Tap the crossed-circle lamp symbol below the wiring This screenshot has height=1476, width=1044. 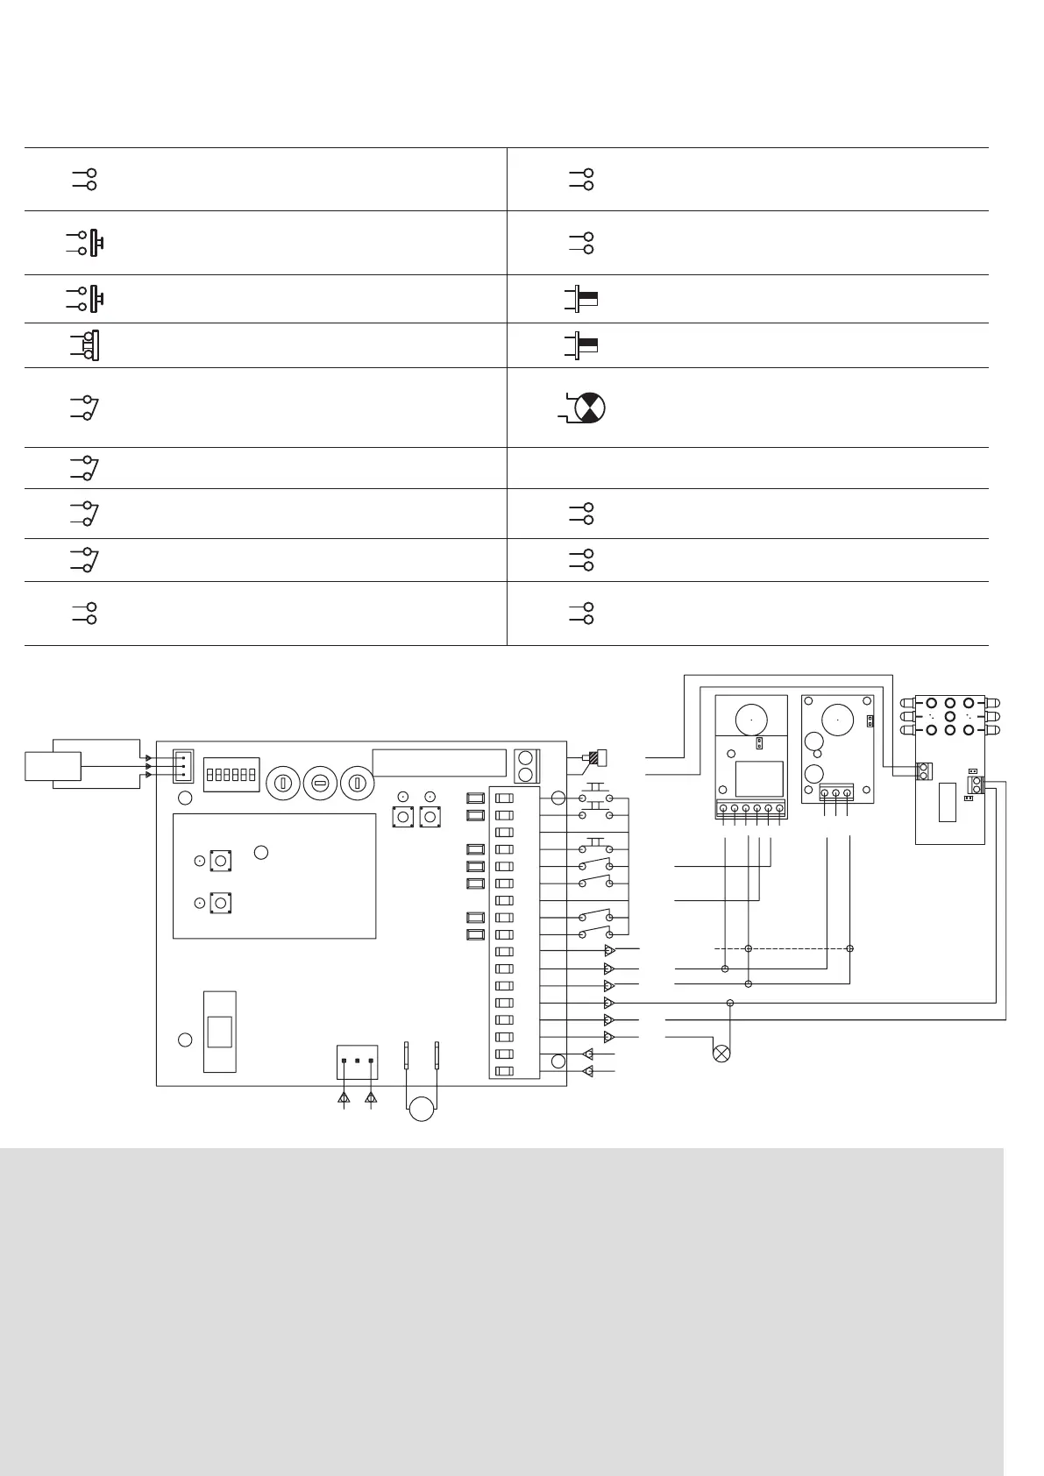coord(722,1054)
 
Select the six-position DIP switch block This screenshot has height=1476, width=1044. coord(230,775)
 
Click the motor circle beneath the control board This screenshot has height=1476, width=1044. coord(423,1107)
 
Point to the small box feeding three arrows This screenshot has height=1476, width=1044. coord(53,765)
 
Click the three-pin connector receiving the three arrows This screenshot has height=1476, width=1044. coord(182,764)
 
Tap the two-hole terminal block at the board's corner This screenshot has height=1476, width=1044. coord(526,765)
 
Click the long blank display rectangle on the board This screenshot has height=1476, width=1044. coord(439,763)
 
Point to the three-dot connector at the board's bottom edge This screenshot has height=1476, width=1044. coord(358,1061)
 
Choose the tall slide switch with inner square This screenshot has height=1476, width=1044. coord(219,1031)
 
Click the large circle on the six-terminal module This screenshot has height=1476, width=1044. coord(751,719)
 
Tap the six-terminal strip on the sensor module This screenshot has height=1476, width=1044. coord(750,809)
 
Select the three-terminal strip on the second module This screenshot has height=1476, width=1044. coord(835,794)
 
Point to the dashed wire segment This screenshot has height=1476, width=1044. coord(780,948)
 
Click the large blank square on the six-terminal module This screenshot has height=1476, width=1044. coord(759,778)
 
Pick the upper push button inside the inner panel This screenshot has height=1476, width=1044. coord(220,861)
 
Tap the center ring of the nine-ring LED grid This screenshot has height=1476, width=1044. coord(949,715)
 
